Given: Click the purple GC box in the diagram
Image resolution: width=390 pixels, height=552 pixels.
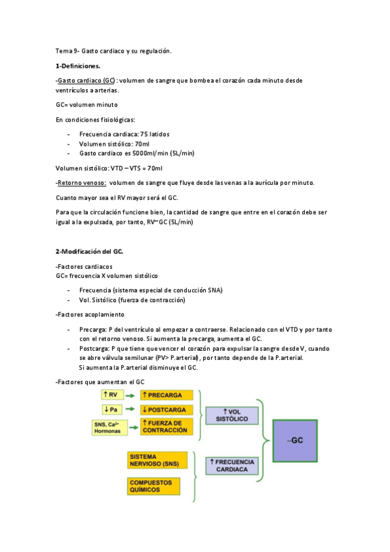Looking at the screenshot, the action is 296,441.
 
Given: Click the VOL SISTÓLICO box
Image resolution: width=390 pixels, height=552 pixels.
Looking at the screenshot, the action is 231,415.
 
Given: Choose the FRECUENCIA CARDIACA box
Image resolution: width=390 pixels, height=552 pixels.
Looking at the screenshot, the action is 231,465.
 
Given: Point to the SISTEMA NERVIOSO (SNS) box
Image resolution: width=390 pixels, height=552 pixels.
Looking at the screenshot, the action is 157,460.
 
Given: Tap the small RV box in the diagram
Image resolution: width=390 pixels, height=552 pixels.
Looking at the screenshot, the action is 111,395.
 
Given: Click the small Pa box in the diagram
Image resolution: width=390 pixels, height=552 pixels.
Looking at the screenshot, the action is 111,409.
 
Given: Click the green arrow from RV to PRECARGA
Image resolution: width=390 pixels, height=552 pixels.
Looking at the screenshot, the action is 130,395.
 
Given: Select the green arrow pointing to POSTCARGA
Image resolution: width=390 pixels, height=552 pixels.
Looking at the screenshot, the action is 130,409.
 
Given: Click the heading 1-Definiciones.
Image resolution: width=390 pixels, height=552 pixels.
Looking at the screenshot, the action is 78,66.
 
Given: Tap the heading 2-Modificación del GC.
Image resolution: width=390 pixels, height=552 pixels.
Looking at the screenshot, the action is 90,251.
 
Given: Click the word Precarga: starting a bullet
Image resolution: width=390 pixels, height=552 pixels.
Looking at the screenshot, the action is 94,329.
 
